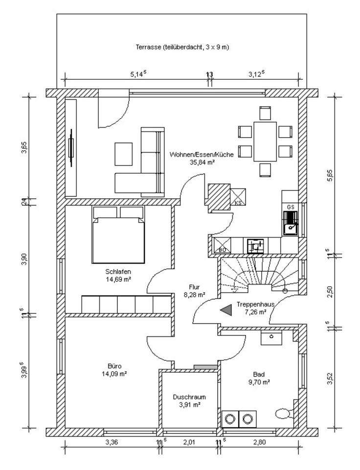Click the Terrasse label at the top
click(182, 47)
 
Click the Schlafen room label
click(118, 272)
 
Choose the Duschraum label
click(189, 397)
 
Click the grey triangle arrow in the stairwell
click(225, 309)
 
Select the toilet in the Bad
click(284, 413)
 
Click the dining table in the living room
click(265, 141)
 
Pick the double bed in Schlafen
click(119, 235)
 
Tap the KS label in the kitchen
click(239, 202)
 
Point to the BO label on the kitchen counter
click(222, 250)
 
